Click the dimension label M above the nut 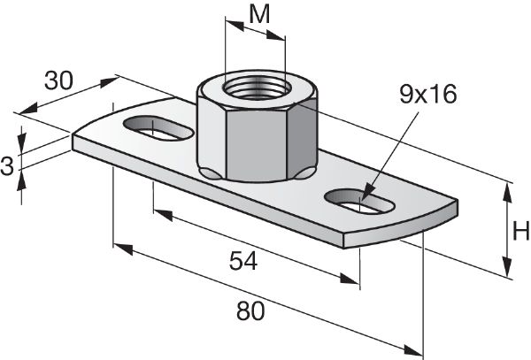pos(258,15)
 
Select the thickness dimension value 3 pos(8,165)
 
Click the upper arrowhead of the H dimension pos(508,187)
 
